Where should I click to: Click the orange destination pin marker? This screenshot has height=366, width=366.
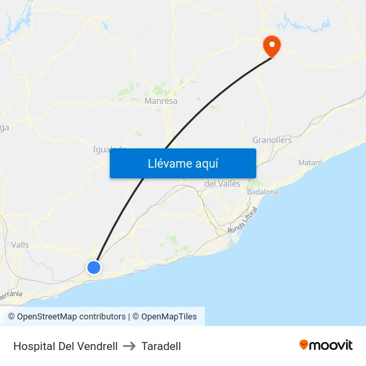point(272,45)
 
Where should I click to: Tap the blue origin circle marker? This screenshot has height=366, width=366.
point(94,267)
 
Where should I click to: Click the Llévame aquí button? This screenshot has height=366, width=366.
point(183,163)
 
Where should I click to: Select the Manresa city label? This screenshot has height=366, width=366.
point(161,101)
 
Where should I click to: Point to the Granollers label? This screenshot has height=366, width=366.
point(272,140)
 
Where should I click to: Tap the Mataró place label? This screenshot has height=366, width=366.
point(310,162)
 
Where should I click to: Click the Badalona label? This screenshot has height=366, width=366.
point(262,192)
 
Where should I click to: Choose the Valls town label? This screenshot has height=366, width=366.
point(20,245)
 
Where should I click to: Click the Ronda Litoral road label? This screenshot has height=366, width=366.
point(243,220)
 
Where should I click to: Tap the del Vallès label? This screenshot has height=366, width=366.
point(222,184)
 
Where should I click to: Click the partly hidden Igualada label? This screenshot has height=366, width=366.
point(106,149)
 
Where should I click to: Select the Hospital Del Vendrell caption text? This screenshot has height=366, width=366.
point(65,346)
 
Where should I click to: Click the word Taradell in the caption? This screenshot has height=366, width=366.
point(162,346)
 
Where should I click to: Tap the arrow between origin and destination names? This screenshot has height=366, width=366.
point(130,346)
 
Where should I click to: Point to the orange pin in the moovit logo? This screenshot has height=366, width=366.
point(303,345)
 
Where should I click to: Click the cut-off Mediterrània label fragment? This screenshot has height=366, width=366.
point(11,293)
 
